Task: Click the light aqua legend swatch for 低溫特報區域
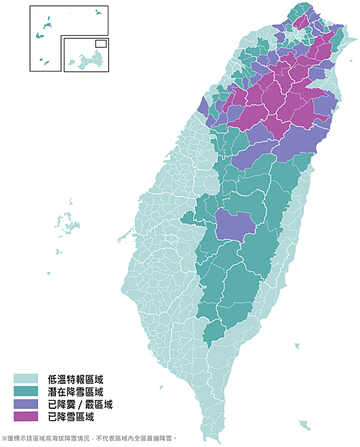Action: pyautogui.click(x=25, y=379)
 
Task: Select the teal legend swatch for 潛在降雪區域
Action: pyautogui.click(x=25, y=392)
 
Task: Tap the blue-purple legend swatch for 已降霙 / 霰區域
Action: pyautogui.click(x=25, y=405)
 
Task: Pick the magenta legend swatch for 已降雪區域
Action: pyautogui.click(x=25, y=417)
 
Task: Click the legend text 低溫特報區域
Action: pyautogui.click(x=75, y=379)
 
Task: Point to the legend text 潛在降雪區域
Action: pyautogui.click(x=75, y=392)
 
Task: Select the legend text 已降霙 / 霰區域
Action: pyautogui.click(x=80, y=405)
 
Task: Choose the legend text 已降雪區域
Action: pyautogui.click(x=71, y=417)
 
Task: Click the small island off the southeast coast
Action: pyautogui.click(x=297, y=346)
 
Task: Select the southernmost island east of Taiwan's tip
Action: pyautogui.click(x=304, y=425)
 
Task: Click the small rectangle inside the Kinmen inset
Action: pyautogui.click(x=101, y=43)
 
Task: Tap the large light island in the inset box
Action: pyautogui.click(x=88, y=59)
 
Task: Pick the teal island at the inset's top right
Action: pyautogui.click(x=98, y=13)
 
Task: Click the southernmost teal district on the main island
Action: pyautogui.click(x=212, y=331)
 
